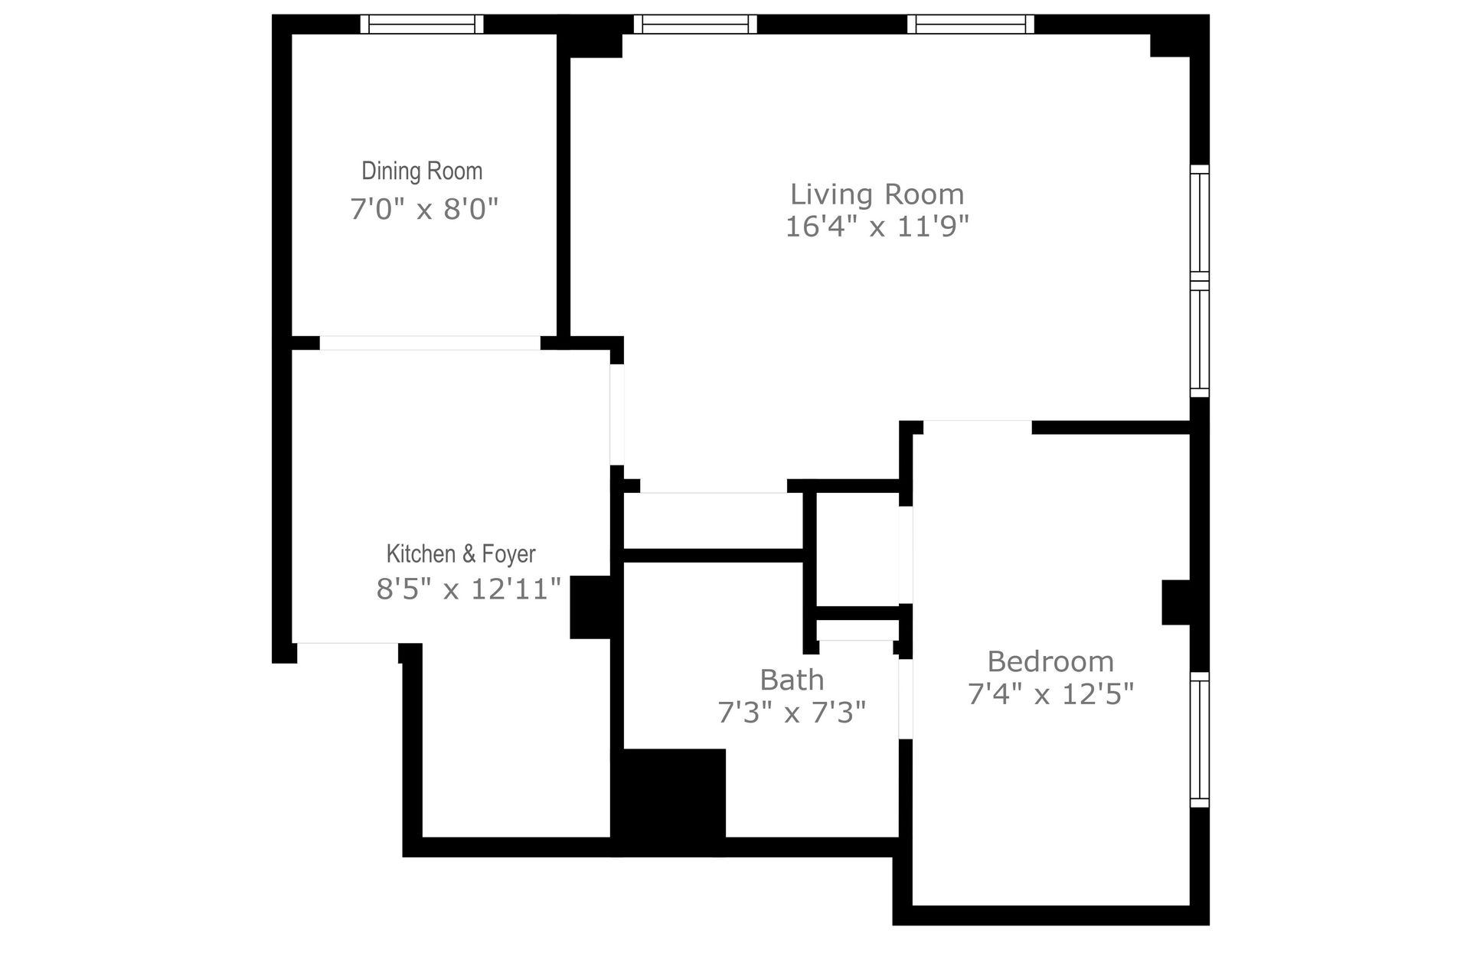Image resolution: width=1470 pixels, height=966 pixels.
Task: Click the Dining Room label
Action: tap(422, 171)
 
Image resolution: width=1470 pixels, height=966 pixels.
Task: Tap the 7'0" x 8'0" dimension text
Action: tap(424, 208)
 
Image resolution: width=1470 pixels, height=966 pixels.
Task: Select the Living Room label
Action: tap(877, 194)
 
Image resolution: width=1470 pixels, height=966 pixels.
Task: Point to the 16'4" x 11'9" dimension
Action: tap(877, 227)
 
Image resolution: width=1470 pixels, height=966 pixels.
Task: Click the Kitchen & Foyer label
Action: tap(460, 553)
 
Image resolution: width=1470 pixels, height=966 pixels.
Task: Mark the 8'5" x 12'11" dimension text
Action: tap(469, 589)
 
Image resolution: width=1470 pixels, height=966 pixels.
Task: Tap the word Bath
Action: tap(792, 680)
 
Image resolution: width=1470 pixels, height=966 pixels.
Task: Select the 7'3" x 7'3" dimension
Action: tap(792, 713)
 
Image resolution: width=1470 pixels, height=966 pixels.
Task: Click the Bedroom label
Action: tap(1050, 661)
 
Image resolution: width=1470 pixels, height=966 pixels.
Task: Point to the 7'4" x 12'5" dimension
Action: tap(1050, 694)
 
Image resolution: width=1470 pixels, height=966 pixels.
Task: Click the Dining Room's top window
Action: tap(422, 24)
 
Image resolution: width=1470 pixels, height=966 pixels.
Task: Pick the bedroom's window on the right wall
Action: tap(1200, 739)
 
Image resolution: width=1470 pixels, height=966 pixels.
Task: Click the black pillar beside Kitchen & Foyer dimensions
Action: tap(590, 607)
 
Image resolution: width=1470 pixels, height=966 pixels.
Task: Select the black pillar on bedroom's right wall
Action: tap(1176, 602)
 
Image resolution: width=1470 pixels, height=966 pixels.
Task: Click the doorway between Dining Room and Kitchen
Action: tap(430, 343)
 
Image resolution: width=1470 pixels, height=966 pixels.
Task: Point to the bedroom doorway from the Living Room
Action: tap(977, 427)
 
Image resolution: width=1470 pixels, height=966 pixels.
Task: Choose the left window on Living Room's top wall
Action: tap(695, 24)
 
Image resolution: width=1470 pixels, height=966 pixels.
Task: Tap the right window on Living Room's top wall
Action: tap(970, 24)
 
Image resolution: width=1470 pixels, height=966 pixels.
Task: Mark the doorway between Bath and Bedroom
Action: tap(906, 698)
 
